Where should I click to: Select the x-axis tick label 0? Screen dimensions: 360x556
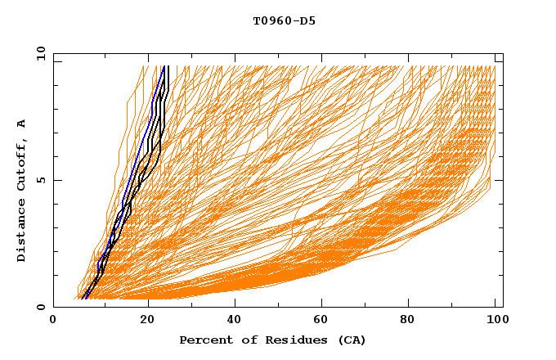(x=53, y=322)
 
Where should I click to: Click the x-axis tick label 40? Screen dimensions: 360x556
(x=235, y=322)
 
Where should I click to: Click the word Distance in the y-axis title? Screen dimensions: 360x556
(x=22, y=232)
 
